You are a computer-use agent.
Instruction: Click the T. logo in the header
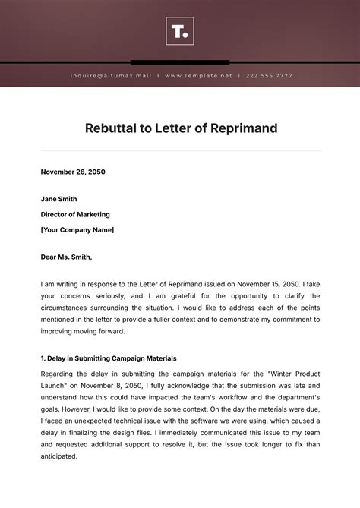tap(180, 31)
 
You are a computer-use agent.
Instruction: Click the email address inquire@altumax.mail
tap(111, 76)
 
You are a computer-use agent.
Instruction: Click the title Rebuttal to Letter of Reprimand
tap(180, 128)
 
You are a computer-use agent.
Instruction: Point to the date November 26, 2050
tap(73, 172)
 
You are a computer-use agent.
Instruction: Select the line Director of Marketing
tap(75, 214)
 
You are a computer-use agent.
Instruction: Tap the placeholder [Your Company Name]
tap(77, 229)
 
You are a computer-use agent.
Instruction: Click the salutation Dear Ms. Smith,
tap(71, 257)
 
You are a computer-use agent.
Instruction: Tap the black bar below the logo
tap(180, 62)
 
